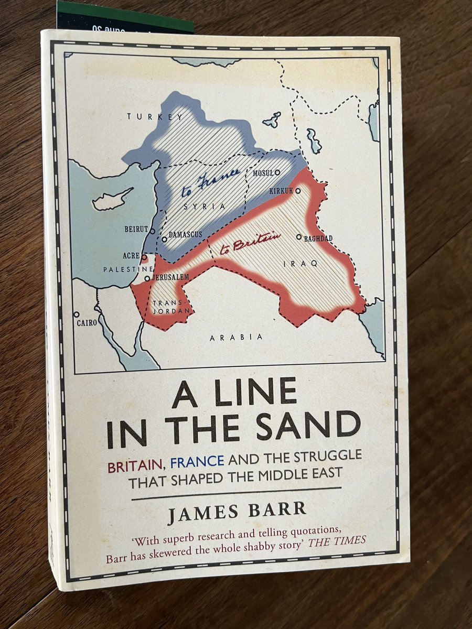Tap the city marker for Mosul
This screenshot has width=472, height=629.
[277, 172]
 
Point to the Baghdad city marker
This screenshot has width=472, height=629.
[299, 237]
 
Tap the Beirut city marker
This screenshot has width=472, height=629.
[152, 231]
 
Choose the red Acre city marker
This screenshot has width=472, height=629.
[144, 257]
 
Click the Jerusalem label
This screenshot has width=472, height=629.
[170, 277]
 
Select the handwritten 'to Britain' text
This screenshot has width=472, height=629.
[250, 242]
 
